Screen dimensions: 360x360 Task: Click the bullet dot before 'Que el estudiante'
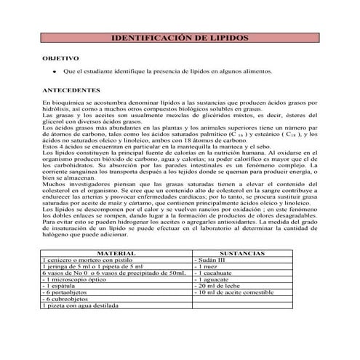pos(54,73)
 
